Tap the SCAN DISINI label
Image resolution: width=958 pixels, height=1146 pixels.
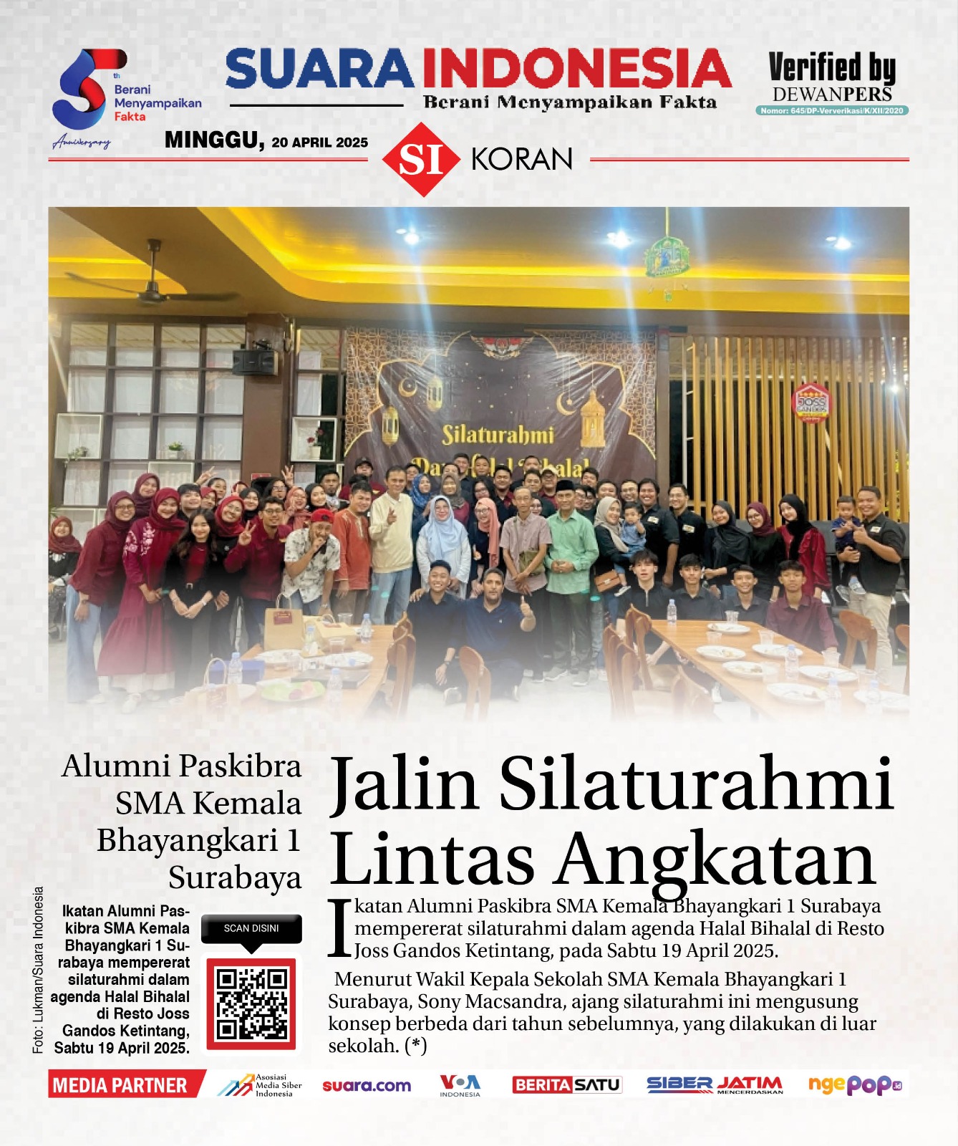click(x=251, y=928)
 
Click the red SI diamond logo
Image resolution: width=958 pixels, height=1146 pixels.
click(x=420, y=159)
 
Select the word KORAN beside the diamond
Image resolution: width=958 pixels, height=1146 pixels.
click(x=522, y=159)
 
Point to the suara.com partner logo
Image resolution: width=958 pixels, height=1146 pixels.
click(x=367, y=1086)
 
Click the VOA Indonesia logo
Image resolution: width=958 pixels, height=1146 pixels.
click(x=460, y=1085)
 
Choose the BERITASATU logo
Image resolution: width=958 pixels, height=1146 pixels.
click(x=566, y=1085)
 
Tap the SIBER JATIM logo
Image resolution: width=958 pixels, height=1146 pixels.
click(x=714, y=1085)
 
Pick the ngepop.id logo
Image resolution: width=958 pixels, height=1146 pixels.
click(x=854, y=1085)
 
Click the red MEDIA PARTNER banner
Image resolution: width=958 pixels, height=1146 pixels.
click(x=122, y=1085)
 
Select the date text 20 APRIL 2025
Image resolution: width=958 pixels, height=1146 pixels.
click(x=319, y=143)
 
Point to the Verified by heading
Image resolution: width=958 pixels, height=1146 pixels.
click(x=832, y=68)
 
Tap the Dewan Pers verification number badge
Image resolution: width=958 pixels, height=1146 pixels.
click(x=832, y=110)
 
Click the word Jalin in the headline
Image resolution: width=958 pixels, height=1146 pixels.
click(x=405, y=784)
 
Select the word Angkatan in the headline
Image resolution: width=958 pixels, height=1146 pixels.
click(x=716, y=860)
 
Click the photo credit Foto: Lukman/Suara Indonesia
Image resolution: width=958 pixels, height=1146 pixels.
click(x=38, y=970)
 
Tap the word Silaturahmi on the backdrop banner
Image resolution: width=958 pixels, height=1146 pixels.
click(x=498, y=435)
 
